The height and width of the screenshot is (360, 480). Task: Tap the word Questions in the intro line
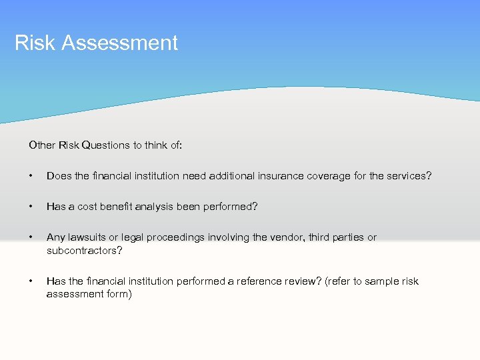tap(107, 144)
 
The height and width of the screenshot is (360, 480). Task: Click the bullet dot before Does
tap(31, 176)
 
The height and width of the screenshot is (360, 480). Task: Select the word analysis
tap(154, 207)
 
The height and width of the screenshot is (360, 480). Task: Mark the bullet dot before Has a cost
tap(31, 207)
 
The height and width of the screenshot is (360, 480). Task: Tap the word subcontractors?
tap(83, 250)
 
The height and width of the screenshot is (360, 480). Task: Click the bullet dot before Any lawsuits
tap(31, 237)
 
